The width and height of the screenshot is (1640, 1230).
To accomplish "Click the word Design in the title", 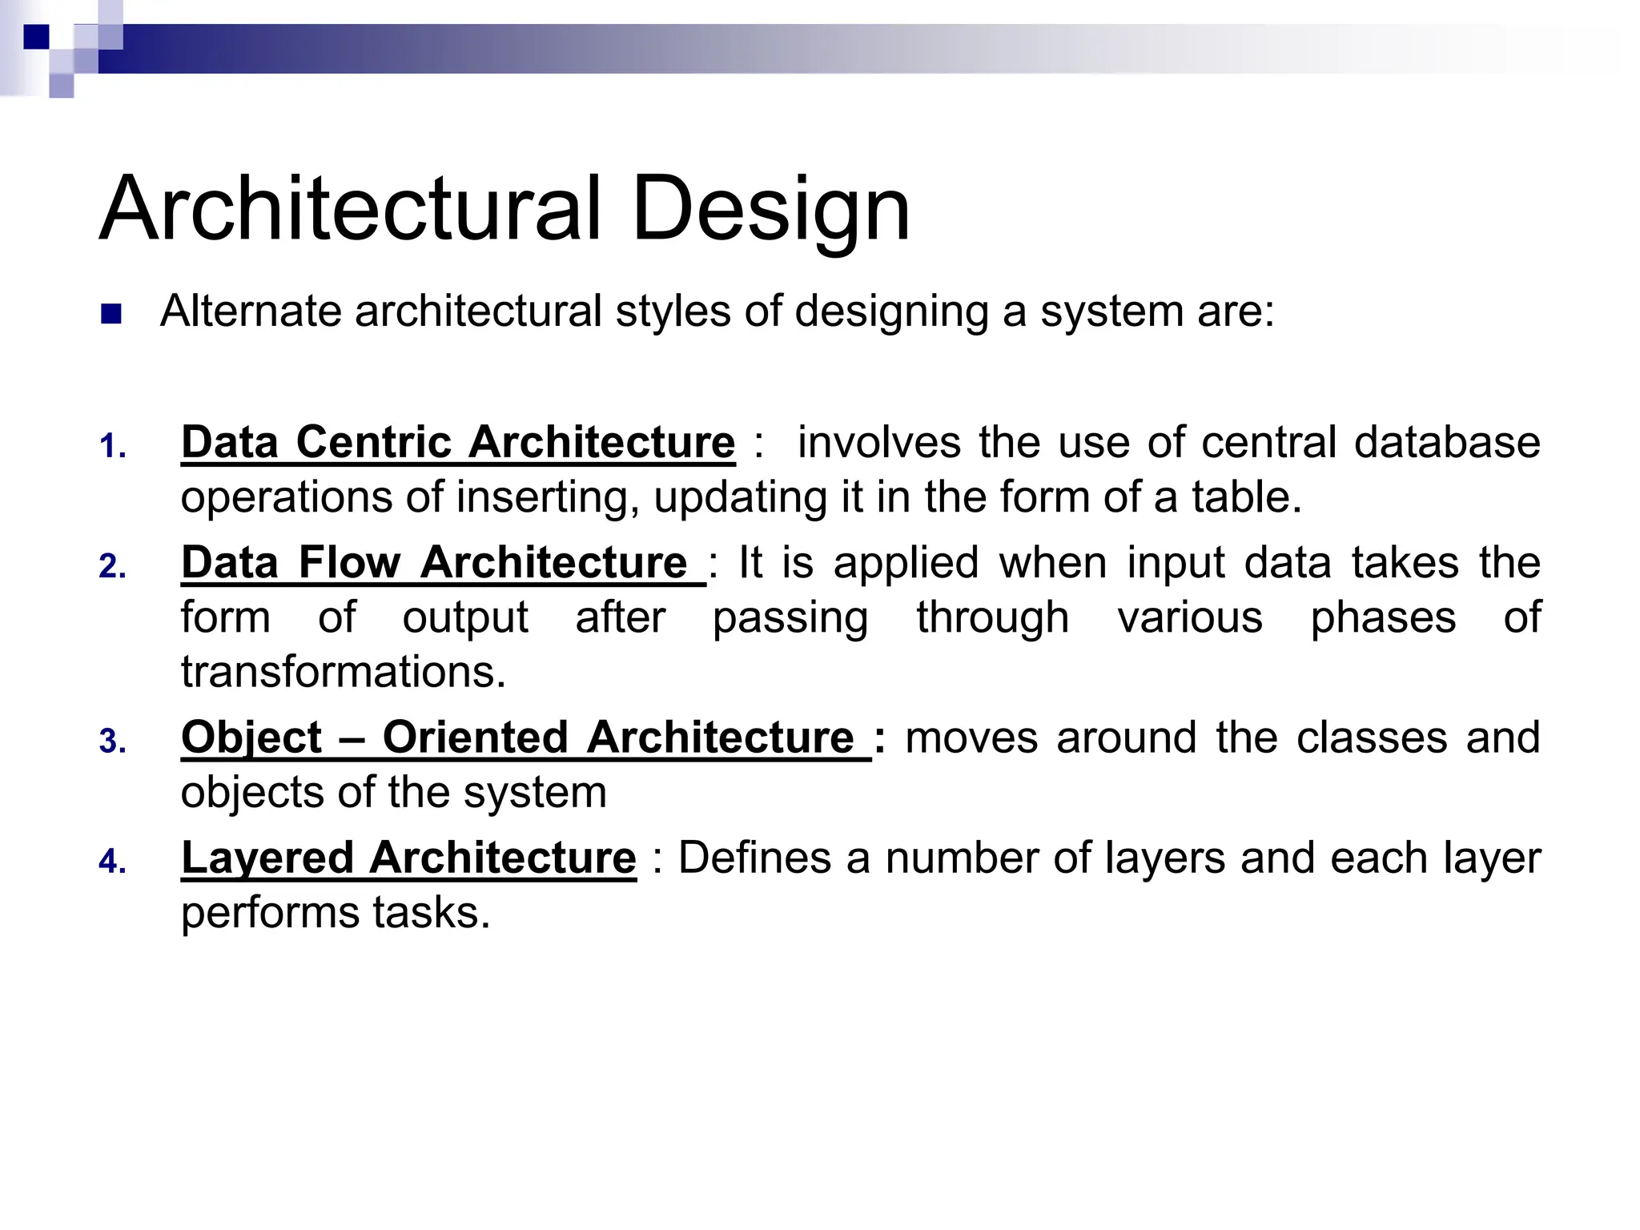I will (x=770, y=210).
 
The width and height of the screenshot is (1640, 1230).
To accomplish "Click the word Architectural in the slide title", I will (x=350, y=210).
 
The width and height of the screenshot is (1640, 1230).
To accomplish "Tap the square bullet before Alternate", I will (x=111, y=314).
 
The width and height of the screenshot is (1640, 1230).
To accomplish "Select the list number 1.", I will (x=111, y=447).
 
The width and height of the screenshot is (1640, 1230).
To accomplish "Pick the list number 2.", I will (x=111, y=567).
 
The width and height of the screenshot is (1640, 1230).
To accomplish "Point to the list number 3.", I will (x=111, y=742).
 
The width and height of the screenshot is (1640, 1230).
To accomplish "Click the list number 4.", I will (x=111, y=862).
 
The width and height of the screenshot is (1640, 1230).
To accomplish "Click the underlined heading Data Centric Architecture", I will (x=457, y=442).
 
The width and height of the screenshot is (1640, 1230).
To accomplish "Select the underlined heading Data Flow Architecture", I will (x=443, y=562).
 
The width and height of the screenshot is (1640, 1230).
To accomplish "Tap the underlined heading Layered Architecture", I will (x=408, y=858).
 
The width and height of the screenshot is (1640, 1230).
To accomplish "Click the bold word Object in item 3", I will (x=251, y=738).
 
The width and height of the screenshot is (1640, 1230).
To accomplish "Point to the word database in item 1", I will (x=1446, y=442).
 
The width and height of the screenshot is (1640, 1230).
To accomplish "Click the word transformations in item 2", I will (x=343, y=671).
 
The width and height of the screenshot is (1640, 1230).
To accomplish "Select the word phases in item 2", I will (x=1383, y=617).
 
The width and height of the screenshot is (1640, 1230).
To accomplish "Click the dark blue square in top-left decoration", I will (x=36, y=37).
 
